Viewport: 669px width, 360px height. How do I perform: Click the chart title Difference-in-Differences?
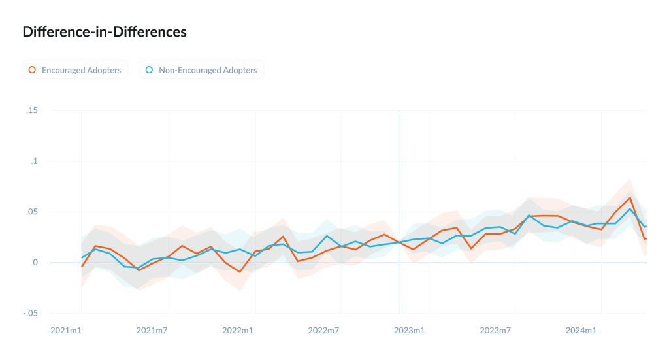105,31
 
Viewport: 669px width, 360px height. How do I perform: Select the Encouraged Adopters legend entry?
75,70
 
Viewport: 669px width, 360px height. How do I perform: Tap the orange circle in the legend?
31,70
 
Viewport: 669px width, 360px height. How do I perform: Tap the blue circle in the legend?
149,70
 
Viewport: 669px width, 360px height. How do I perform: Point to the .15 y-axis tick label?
31,111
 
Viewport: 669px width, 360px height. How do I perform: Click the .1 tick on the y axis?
34,161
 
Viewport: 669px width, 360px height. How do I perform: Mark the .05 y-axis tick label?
31,212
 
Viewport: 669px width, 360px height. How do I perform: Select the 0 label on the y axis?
35,263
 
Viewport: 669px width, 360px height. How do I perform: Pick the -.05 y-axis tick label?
30,314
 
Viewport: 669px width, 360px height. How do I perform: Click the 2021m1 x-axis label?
66,331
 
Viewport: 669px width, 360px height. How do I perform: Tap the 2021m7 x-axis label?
152,331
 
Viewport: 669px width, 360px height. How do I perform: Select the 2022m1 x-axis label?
238,331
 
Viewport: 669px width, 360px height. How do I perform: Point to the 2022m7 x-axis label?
324,331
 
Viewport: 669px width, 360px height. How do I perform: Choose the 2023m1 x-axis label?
410,331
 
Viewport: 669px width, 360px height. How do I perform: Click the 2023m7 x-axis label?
495,331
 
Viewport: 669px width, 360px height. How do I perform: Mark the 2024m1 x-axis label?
581,331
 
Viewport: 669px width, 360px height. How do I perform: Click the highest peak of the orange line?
630,197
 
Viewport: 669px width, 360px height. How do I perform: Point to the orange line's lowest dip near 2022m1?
240,272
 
